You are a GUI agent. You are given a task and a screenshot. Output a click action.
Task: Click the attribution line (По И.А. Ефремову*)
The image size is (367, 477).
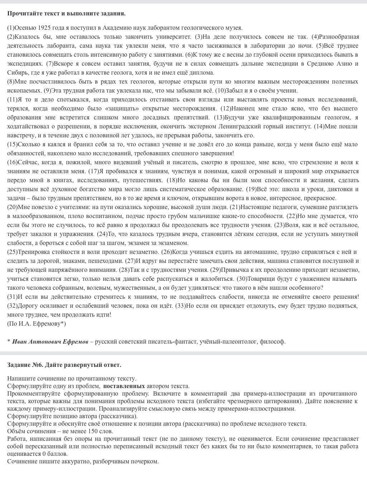[x=37, y=323]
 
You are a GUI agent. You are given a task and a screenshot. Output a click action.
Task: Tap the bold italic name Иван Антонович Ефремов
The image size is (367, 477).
[x=50, y=341]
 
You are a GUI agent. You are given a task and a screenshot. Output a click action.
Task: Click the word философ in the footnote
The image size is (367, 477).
[x=274, y=341]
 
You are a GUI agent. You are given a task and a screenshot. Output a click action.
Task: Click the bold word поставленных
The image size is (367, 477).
[x=124, y=386]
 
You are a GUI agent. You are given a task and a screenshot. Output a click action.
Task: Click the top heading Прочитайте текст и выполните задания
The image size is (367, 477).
[x=66, y=14]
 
